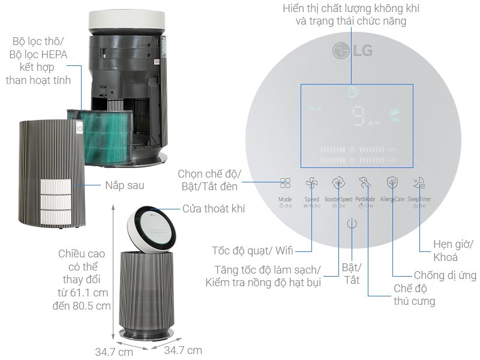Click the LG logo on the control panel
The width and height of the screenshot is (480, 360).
(x=353, y=50)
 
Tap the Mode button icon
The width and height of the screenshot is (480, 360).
(x=285, y=184)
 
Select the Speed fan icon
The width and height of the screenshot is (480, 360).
(x=311, y=184)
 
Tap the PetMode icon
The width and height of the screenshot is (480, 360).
(x=365, y=183)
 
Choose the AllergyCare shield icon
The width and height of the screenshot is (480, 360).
(x=392, y=183)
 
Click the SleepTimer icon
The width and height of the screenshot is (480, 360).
(x=418, y=183)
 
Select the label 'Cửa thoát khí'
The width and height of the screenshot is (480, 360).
(x=214, y=208)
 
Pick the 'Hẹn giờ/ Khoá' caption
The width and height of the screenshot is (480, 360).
(x=454, y=251)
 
